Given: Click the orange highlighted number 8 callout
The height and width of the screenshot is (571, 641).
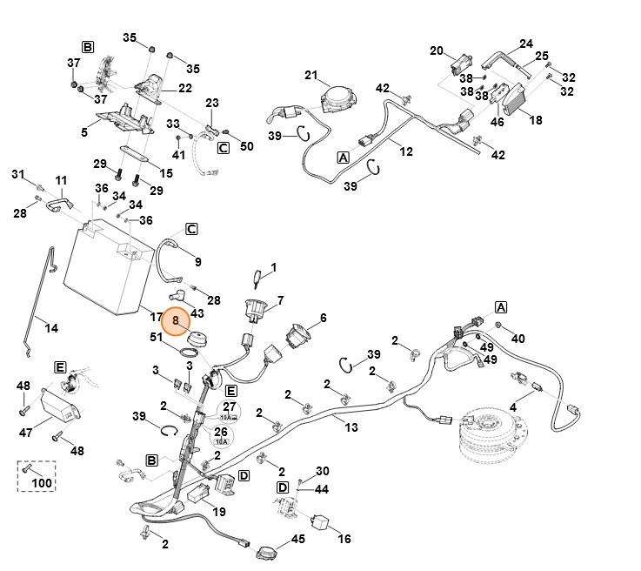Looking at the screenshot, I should click(x=176, y=321).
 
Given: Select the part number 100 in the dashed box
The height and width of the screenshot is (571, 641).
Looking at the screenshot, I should click(x=42, y=482).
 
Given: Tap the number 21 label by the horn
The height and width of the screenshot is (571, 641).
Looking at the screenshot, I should click(x=311, y=76).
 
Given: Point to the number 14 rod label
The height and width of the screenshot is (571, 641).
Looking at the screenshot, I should click(x=51, y=328).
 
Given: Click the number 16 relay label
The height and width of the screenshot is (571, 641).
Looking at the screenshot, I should click(x=344, y=539).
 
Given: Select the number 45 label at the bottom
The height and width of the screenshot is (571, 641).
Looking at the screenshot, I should click(x=298, y=540).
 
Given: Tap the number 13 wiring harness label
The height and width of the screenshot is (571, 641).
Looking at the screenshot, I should click(x=351, y=427).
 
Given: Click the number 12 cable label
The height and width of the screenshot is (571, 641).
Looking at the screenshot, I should click(x=406, y=151).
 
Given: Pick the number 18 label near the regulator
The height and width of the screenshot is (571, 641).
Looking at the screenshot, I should click(x=536, y=120).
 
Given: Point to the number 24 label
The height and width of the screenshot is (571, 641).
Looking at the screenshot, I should click(x=526, y=44).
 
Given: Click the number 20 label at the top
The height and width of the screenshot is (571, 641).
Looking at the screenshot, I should click(x=437, y=50).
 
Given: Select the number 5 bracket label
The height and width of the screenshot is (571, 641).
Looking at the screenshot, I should click(x=84, y=132).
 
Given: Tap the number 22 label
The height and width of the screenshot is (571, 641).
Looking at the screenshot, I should click(x=185, y=88).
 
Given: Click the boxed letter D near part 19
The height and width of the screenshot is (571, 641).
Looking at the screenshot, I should click(x=244, y=474).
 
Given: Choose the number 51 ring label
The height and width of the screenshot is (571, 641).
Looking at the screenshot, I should click(x=157, y=338).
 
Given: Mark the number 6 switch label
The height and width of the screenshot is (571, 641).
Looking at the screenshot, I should click(x=323, y=318).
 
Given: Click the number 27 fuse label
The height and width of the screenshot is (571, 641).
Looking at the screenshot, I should click(x=230, y=406).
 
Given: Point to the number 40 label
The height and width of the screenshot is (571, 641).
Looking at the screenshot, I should click(x=518, y=338).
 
